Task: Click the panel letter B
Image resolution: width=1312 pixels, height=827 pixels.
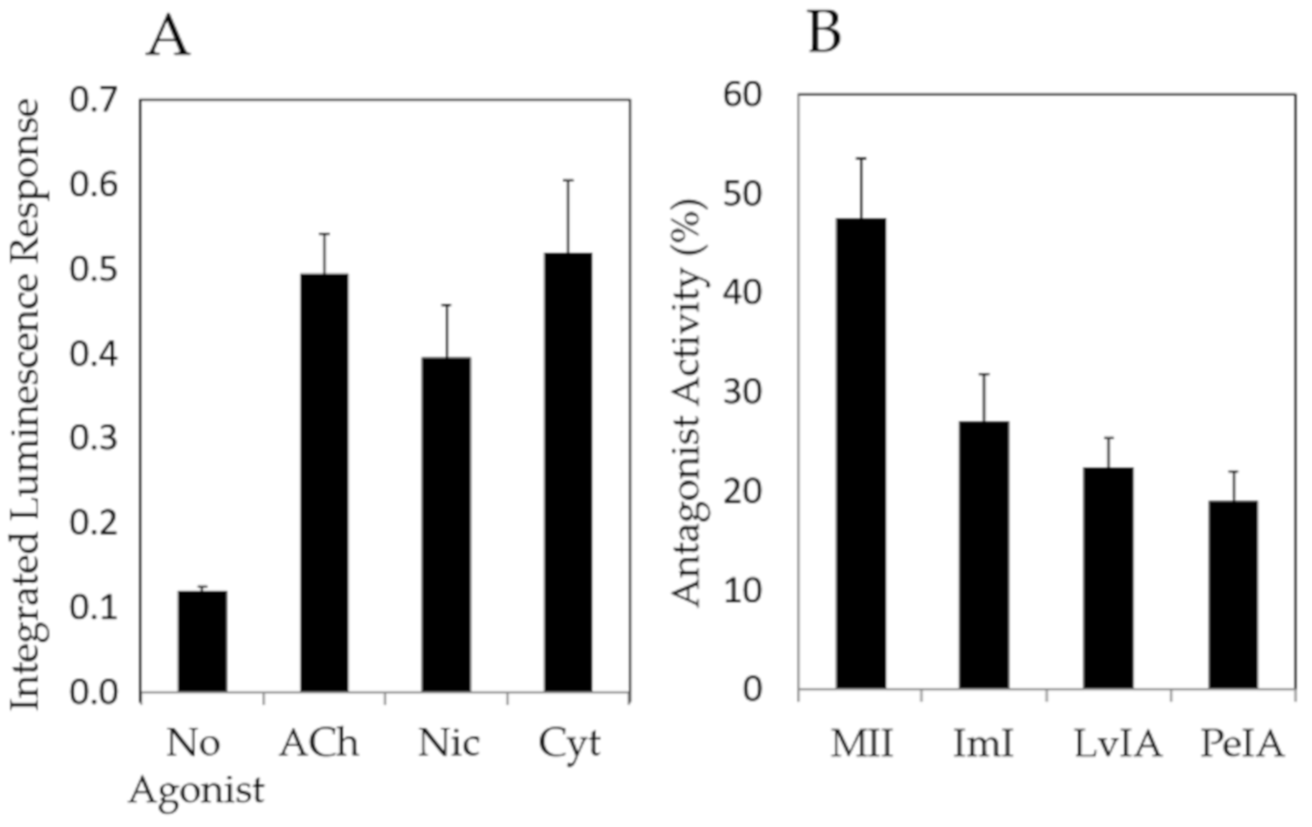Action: pos(825,33)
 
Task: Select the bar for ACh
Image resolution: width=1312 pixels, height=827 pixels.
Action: pos(325,483)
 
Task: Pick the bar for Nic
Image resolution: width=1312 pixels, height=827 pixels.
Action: pos(446,525)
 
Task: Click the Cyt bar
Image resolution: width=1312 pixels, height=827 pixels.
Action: pos(568,472)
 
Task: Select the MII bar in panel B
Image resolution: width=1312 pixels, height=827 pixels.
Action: pos(861,453)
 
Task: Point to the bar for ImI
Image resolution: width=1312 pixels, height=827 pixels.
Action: pos(984,555)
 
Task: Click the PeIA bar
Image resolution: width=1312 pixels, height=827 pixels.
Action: pos(1233,595)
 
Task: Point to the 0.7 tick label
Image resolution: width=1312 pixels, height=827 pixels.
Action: pos(93,101)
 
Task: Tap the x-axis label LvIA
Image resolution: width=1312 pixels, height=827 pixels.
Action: pos(1118,744)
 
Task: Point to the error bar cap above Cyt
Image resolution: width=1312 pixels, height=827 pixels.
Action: pos(568,180)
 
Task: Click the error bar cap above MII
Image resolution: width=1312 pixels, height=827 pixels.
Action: pos(861,158)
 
